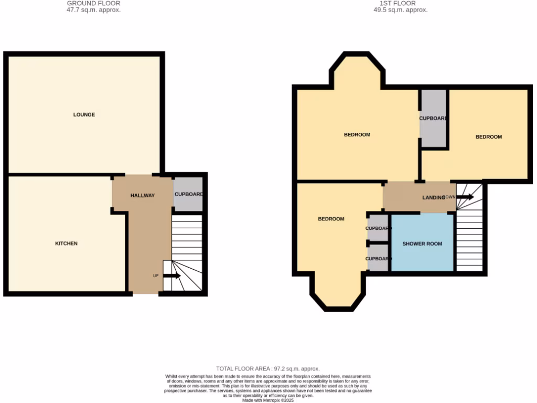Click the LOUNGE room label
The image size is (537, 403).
coord(84,114)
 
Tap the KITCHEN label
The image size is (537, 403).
coord(67,243)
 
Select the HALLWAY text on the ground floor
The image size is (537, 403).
coord(142,196)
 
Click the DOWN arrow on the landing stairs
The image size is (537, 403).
coord(464,197)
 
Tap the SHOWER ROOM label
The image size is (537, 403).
coord(422,244)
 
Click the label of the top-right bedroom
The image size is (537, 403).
coord(488,137)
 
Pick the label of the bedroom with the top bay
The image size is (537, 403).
coord(357,135)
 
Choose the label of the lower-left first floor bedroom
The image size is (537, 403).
coord(331,219)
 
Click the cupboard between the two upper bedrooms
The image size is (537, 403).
coord(433,119)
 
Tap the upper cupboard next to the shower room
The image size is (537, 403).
coord(378,228)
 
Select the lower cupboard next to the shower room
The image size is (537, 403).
coord(378,259)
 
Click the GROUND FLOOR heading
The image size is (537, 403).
coord(93,3)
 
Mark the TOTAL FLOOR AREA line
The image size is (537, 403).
coord(267,369)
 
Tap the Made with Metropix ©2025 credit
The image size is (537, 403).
coord(267,400)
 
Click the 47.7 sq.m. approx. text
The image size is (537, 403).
coord(93,10)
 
